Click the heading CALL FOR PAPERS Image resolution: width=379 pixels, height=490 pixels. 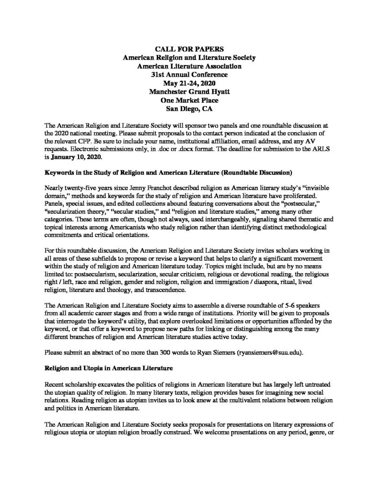(x=189, y=49)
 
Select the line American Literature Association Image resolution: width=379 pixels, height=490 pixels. (x=189, y=66)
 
